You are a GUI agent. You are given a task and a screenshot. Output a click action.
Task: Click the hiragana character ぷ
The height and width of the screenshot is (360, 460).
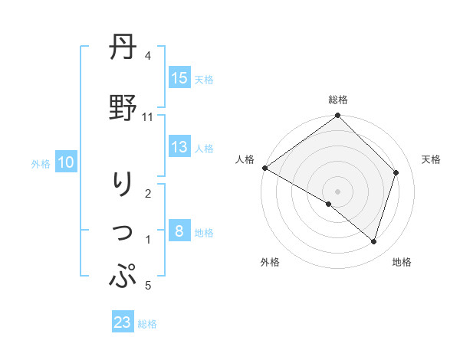tap(123, 275)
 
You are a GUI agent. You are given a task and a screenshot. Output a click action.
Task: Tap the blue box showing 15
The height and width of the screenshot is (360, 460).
tap(179, 78)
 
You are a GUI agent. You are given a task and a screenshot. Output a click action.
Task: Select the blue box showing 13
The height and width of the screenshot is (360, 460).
tap(179, 148)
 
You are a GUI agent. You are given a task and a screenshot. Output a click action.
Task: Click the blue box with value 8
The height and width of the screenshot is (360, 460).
tap(179, 231)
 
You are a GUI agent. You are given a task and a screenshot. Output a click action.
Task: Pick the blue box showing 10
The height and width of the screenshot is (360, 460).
tap(66, 162)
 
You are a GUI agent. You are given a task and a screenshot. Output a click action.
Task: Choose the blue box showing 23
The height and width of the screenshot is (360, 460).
tap(123, 322)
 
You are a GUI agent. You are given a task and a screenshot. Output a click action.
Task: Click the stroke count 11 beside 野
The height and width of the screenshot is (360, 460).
tap(148, 117)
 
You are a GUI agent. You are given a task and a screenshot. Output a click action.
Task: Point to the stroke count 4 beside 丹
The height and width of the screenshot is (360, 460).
tap(148, 57)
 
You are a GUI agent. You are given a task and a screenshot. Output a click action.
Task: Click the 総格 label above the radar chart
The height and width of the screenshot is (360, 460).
tap(337, 100)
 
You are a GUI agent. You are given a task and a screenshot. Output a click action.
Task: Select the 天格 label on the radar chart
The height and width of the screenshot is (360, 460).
tap(432, 159)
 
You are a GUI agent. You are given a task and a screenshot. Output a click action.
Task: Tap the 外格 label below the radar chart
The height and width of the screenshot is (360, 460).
tap(270, 262)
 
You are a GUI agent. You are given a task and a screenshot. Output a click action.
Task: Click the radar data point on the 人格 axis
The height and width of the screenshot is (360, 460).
tap(264, 168)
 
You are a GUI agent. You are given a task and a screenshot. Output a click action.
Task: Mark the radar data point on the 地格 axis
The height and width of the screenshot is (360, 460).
tap(374, 242)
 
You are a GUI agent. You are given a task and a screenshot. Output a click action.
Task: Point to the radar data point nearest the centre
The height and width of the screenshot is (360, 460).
tap(329, 205)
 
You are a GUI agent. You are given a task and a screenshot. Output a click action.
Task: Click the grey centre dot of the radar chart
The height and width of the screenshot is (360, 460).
tap(337, 191)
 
